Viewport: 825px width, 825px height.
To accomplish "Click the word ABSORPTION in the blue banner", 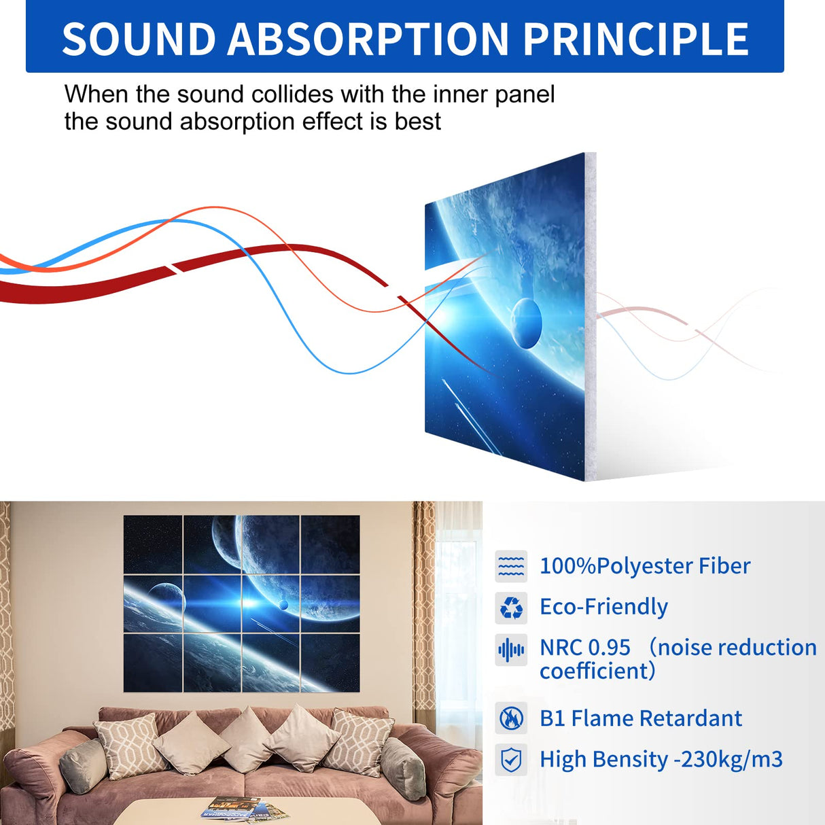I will click(368, 39).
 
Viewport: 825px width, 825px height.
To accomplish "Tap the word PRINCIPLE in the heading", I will click(635, 39).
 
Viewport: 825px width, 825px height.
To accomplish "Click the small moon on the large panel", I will click(526, 322).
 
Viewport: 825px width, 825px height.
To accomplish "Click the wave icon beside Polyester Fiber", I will click(511, 566).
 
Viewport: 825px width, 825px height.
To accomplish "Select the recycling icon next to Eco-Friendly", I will click(511, 608).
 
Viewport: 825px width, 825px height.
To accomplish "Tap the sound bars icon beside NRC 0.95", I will click(511, 650).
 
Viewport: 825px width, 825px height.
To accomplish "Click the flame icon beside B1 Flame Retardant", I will click(511, 718).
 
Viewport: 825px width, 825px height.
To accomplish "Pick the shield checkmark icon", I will click(511, 760).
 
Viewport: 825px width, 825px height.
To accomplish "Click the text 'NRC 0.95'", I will click(584, 648).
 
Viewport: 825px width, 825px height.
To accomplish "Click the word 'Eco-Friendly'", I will click(603, 607).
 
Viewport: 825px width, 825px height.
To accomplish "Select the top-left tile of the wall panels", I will click(153, 544).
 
